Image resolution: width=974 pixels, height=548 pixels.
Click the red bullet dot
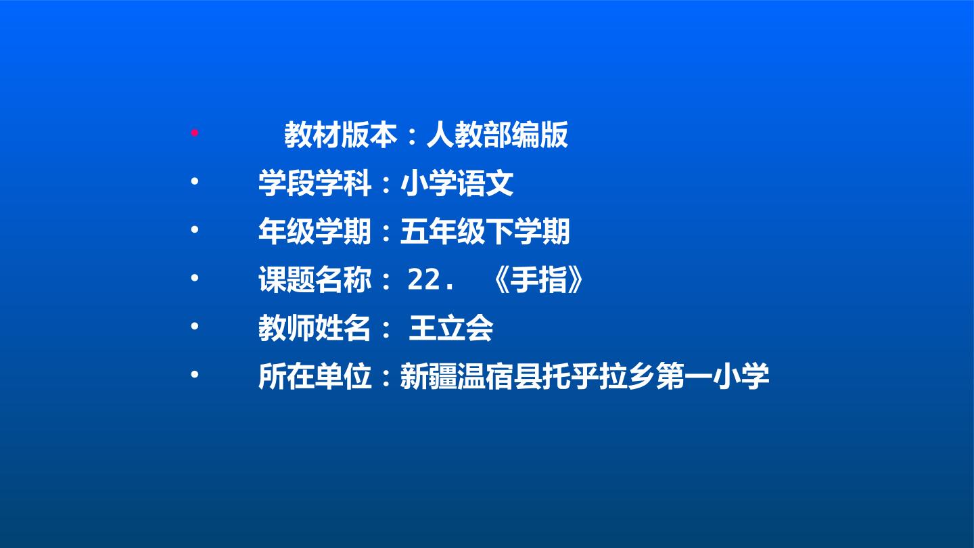tap(194, 133)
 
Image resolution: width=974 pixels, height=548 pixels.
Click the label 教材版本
tap(340, 135)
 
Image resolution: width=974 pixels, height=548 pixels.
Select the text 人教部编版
tap(497, 135)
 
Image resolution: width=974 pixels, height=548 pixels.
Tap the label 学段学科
tap(315, 183)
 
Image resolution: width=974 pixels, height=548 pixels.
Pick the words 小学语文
tap(457, 183)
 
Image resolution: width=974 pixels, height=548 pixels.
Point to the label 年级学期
tap(315, 231)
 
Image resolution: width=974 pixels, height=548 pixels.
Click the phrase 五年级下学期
tap(485, 231)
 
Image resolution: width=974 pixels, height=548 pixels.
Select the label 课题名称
tap(315, 279)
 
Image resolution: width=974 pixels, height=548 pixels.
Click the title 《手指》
tap(538, 279)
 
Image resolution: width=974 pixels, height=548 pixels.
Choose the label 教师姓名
tap(315, 328)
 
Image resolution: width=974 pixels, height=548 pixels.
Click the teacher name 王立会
tap(451, 328)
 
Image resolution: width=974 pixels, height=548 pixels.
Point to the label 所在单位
tap(315, 376)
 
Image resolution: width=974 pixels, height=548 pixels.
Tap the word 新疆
tap(429, 376)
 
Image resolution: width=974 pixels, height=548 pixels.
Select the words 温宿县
tap(500, 376)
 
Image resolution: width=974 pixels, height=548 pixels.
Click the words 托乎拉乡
tap(599, 376)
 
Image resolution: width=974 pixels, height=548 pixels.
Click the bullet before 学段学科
tap(194, 181)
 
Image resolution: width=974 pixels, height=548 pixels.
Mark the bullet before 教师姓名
tap(194, 326)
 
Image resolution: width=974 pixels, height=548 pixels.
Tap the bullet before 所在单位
tap(194, 374)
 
